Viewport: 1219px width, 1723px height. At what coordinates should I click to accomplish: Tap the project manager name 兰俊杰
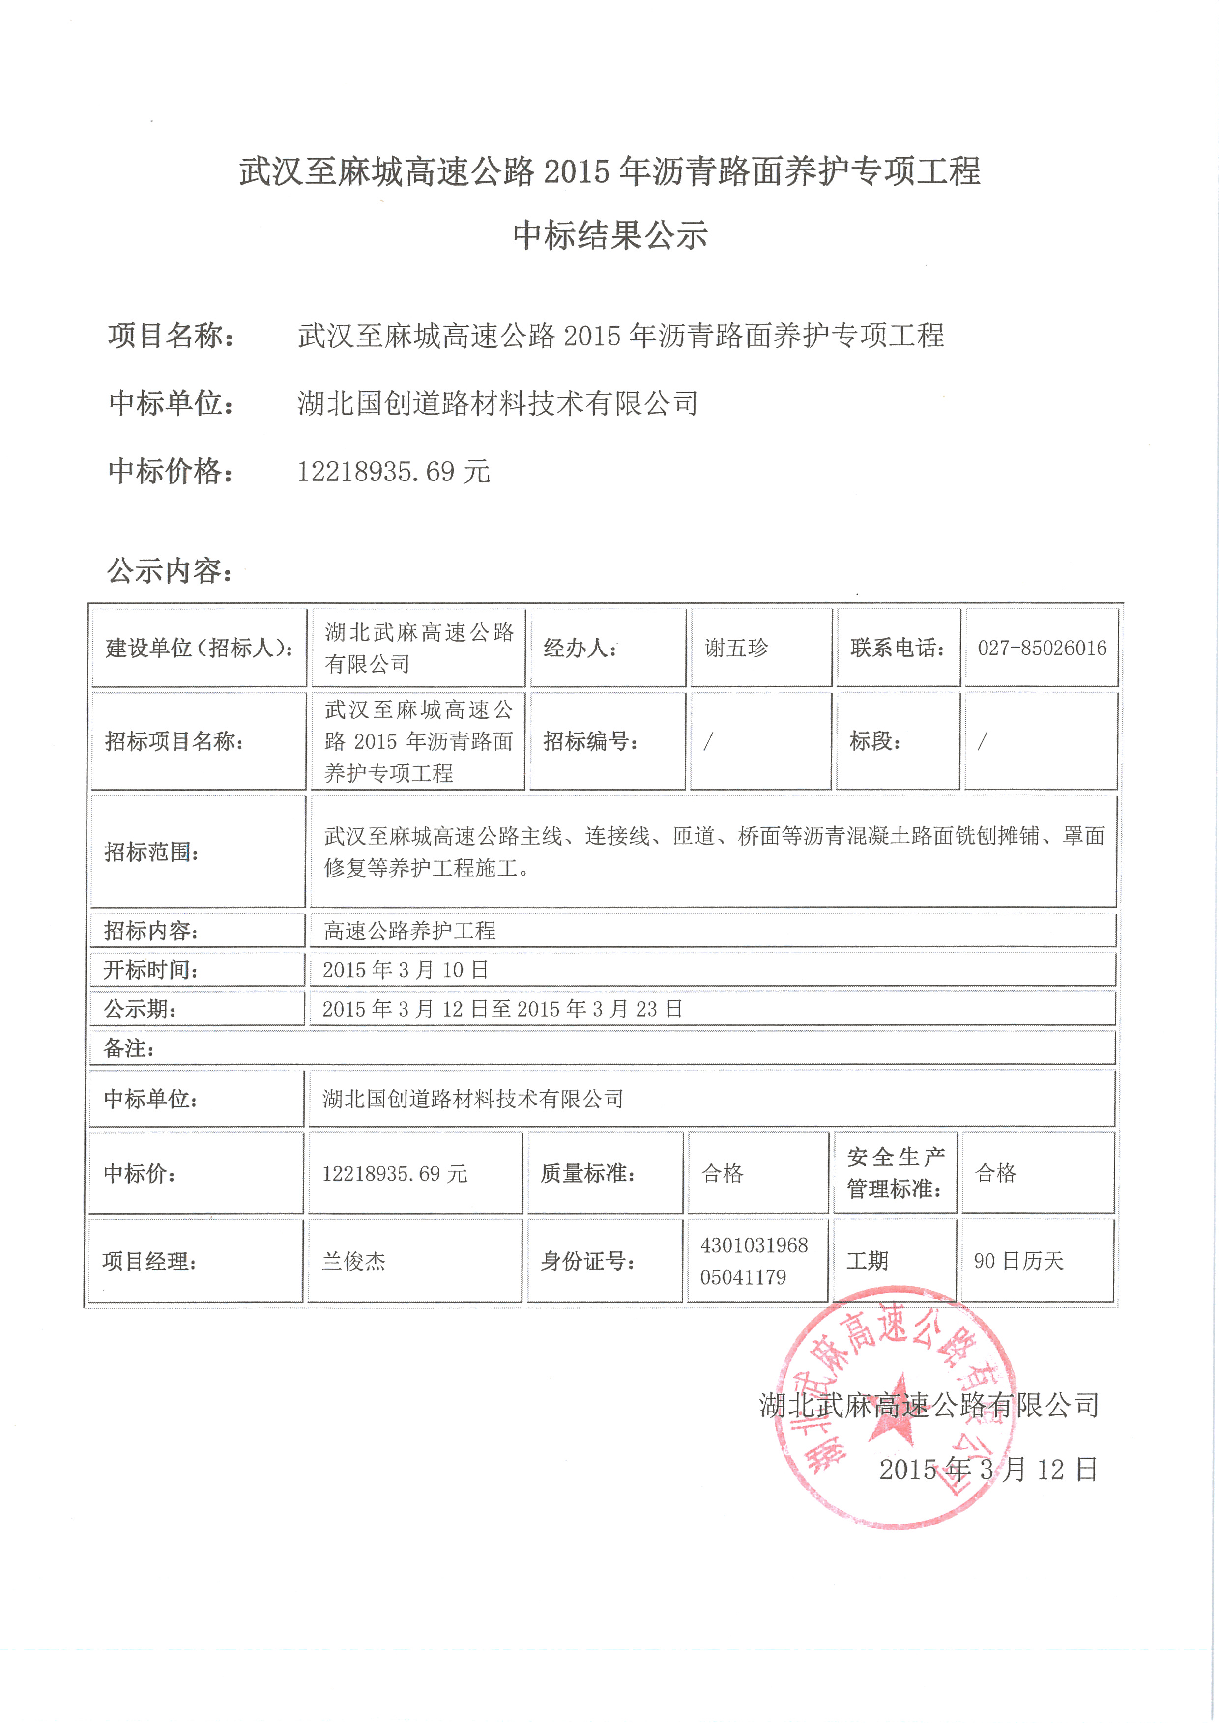[x=353, y=1262]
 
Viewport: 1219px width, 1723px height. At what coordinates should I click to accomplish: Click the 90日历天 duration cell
[x=1018, y=1262]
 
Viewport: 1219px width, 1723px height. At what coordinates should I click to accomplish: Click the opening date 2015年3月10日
[x=406, y=969]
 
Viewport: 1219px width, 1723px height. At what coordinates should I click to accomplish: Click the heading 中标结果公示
[x=609, y=236]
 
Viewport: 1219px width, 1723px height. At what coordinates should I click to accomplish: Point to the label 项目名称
[x=171, y=336]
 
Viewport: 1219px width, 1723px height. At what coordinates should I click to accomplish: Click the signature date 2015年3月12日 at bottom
[x=988, y=1469]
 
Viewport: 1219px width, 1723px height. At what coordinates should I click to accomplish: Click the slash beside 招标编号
[x=708, y=741]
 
